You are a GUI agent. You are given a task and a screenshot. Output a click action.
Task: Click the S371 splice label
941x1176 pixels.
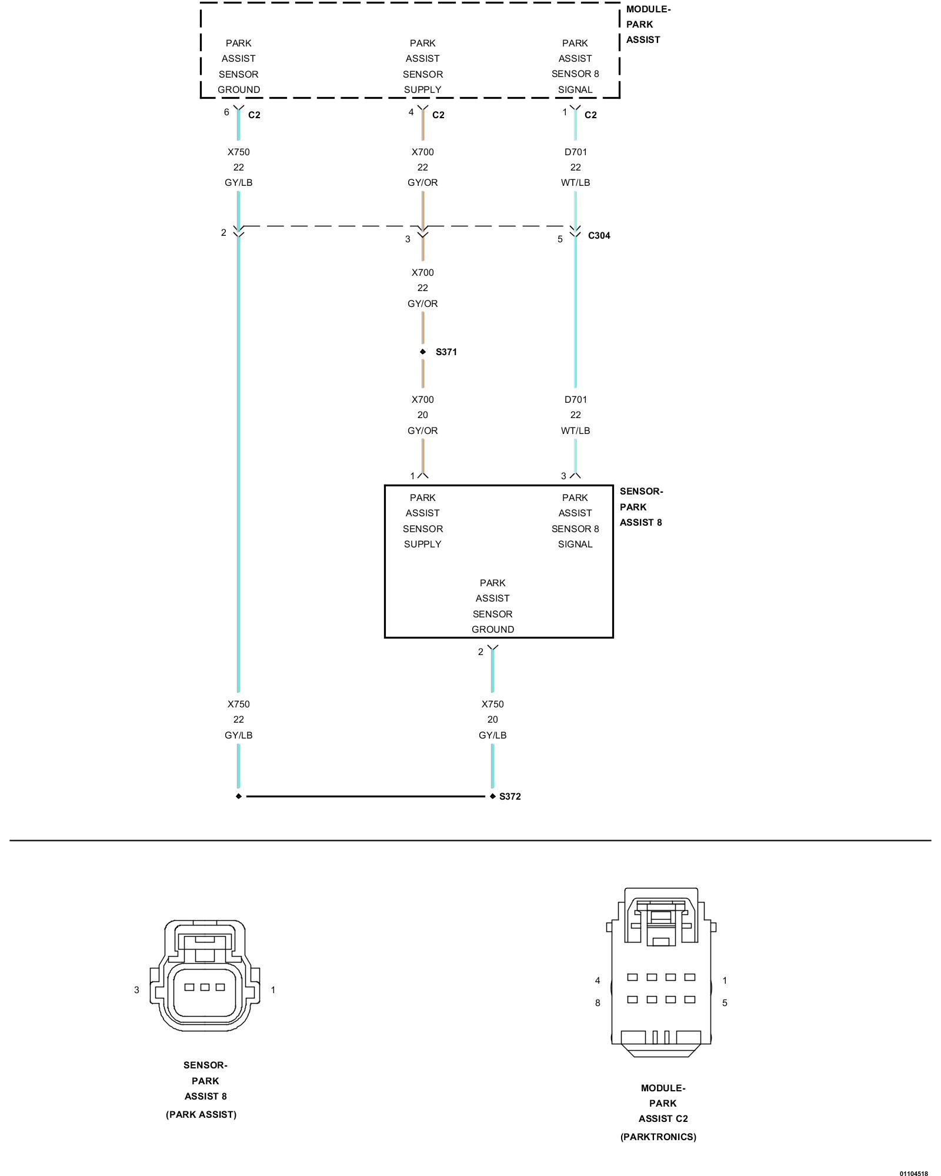coord(446,352)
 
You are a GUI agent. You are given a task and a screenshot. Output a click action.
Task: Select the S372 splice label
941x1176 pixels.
coord(510,796)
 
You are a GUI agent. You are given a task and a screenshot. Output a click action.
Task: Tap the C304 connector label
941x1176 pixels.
coord(599,235)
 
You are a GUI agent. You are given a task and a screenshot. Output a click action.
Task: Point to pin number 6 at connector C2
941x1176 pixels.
coord(226,112)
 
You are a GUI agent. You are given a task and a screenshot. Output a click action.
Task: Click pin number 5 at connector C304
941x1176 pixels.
coord(560,239)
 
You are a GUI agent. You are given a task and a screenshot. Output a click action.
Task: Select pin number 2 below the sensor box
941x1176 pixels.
coord(480,652)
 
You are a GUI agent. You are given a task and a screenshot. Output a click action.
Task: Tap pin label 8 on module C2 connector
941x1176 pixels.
coord(598,1003)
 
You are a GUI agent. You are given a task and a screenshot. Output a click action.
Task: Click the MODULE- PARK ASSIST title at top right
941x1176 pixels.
coord(648,25)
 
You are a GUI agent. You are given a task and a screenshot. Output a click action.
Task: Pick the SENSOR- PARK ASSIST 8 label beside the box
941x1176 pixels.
coord(641,507)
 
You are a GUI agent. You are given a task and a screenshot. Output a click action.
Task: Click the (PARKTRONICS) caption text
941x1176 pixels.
coord(658,1137)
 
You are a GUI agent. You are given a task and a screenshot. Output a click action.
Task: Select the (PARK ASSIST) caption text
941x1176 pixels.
coord(201,1114)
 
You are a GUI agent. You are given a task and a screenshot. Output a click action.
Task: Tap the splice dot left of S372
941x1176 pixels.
coord(492,796)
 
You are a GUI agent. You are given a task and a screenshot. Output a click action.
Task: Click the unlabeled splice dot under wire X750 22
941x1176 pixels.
coord(238,796)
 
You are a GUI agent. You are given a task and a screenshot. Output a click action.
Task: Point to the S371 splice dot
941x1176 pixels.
coord(422,352)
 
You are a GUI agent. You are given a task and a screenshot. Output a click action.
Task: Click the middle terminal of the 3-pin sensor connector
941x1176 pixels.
coord(205,987)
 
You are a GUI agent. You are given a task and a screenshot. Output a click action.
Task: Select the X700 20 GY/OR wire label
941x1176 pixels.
coord(422,415)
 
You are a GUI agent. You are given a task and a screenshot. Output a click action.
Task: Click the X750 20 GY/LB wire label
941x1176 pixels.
coord(492,719)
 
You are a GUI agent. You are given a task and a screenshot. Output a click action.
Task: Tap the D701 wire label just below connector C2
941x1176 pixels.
coord(575,167)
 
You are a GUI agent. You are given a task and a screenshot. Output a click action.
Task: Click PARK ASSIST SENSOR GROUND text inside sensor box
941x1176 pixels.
coord(492,606)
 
